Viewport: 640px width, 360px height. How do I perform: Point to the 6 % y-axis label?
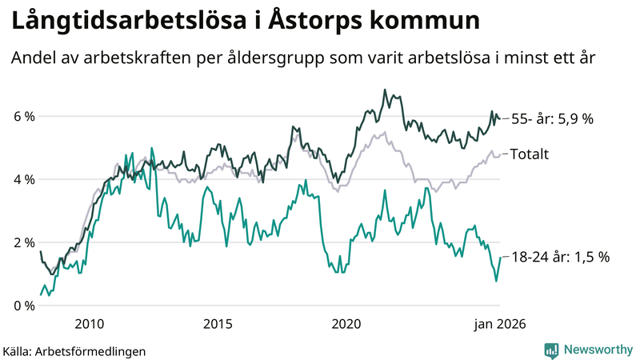pyautogui.click(x=23, y=117)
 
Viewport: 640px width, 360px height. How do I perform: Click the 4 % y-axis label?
pyautogui.click(x=23, y=180)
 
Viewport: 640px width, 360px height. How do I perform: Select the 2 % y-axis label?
pyautogui.click(x=23, y=242)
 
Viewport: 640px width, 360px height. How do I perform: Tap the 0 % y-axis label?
pyautogui.click(x=23, y=306)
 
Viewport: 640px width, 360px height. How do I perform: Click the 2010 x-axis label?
pyautogui.click(x=89, y=324)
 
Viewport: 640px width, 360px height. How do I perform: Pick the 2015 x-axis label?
pyautogui.click(x=218, y=324)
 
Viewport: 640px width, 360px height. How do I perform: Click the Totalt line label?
pyautogui.click(x=529, y=154)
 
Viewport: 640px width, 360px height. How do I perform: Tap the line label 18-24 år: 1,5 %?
pyautogui.click(x=560, y=258)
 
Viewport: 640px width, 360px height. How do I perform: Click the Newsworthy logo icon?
pyautogui.click(x=551, y=350)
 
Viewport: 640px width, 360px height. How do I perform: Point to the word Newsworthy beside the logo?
pyautogui.click(x=598, y=350)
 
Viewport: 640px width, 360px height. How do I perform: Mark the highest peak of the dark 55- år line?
pyautogui.click(x=385, y=90)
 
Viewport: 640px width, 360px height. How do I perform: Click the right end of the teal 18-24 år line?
pyautogui.click(x=501, y=258)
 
